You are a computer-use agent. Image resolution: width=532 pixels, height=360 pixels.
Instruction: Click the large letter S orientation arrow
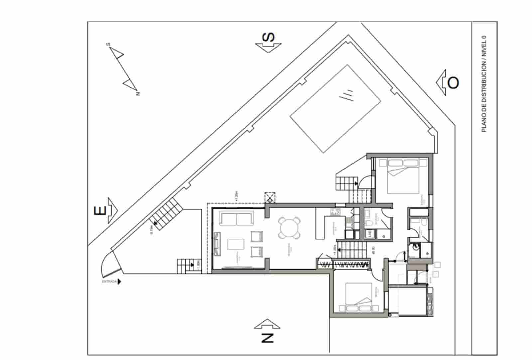(268, 42)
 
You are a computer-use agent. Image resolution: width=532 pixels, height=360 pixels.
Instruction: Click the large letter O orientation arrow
(449, 82)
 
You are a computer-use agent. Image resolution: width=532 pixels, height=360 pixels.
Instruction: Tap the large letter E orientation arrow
(105, 210)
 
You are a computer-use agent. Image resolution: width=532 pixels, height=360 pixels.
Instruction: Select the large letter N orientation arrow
(267, 331)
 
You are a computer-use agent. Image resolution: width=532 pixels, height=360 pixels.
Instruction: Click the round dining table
(289, 228)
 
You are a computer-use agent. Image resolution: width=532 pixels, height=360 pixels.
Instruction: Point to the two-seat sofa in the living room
(236, 219)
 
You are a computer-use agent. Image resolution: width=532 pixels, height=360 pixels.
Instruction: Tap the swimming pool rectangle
(335, 108)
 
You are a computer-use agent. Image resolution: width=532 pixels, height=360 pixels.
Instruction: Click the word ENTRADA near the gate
(109, 282)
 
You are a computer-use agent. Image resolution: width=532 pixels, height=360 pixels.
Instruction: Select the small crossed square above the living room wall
(269, 197)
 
